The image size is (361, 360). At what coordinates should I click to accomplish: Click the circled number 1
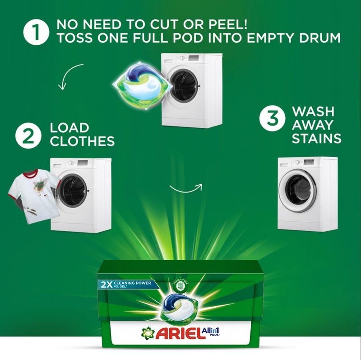coord(37,32)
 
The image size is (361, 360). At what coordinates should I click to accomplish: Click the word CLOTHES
coord(82,141)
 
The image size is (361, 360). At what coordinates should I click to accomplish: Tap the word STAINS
coord(316,138)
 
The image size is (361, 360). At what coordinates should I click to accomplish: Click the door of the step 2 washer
coord(73,190)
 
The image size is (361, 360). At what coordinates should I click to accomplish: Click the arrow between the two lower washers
coord(186,187)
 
